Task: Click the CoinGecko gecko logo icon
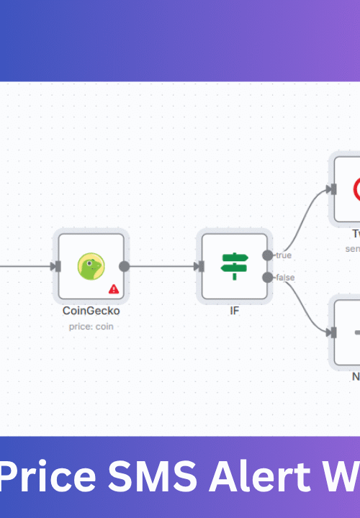click(x=91, y=265)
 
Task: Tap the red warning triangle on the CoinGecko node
click(x=114, y=289)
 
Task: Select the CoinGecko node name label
click(x=91, y=312)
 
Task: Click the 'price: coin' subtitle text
click(x=91, y=326)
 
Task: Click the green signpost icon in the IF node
click(x=234, y=266)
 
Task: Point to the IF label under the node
click(x=234, y=312)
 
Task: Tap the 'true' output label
click(x=283, y=255)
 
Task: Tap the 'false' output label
click(x=285, y=278)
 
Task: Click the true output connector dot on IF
click(x=268, y=255)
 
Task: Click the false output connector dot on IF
click(x=268, y=278)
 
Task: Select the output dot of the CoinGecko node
click(x=124, y=266)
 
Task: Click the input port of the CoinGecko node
click(x=56, y=266)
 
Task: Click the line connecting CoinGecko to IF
click(x=162, y=266)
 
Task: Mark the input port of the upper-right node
click(x=332, y=189)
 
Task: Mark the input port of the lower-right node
click(x=332, y=332)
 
